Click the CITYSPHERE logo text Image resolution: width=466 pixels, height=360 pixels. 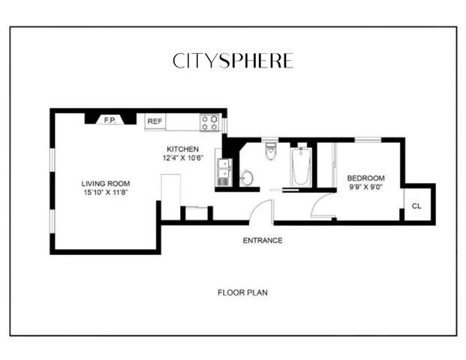[x=232, y=61]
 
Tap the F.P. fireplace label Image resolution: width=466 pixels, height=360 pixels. [x=109, y=119]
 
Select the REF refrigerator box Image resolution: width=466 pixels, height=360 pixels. [x=155, y=121]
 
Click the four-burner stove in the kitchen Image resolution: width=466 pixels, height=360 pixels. [x=209, y=121]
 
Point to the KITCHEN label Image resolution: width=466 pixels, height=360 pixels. [x=182, y=149]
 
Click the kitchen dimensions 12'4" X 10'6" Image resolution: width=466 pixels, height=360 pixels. [x=182, y=158]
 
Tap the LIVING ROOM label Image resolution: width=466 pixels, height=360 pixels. [x=106, y=184]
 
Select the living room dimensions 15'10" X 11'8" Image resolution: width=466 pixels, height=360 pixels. [x=106, y=193]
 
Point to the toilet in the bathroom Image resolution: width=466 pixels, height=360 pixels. [x=272, y=152]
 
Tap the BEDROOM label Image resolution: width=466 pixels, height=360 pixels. [x=365, y=178]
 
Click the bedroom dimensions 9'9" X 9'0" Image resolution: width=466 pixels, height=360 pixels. [x=365, y=187]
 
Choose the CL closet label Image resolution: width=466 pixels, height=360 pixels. [x=416, y=203]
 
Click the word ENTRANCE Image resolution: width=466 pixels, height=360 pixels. [x=263, y=241]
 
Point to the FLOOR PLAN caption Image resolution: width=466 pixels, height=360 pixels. [x=242, y=292]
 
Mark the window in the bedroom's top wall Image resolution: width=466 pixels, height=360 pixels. [x=367, y=139]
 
